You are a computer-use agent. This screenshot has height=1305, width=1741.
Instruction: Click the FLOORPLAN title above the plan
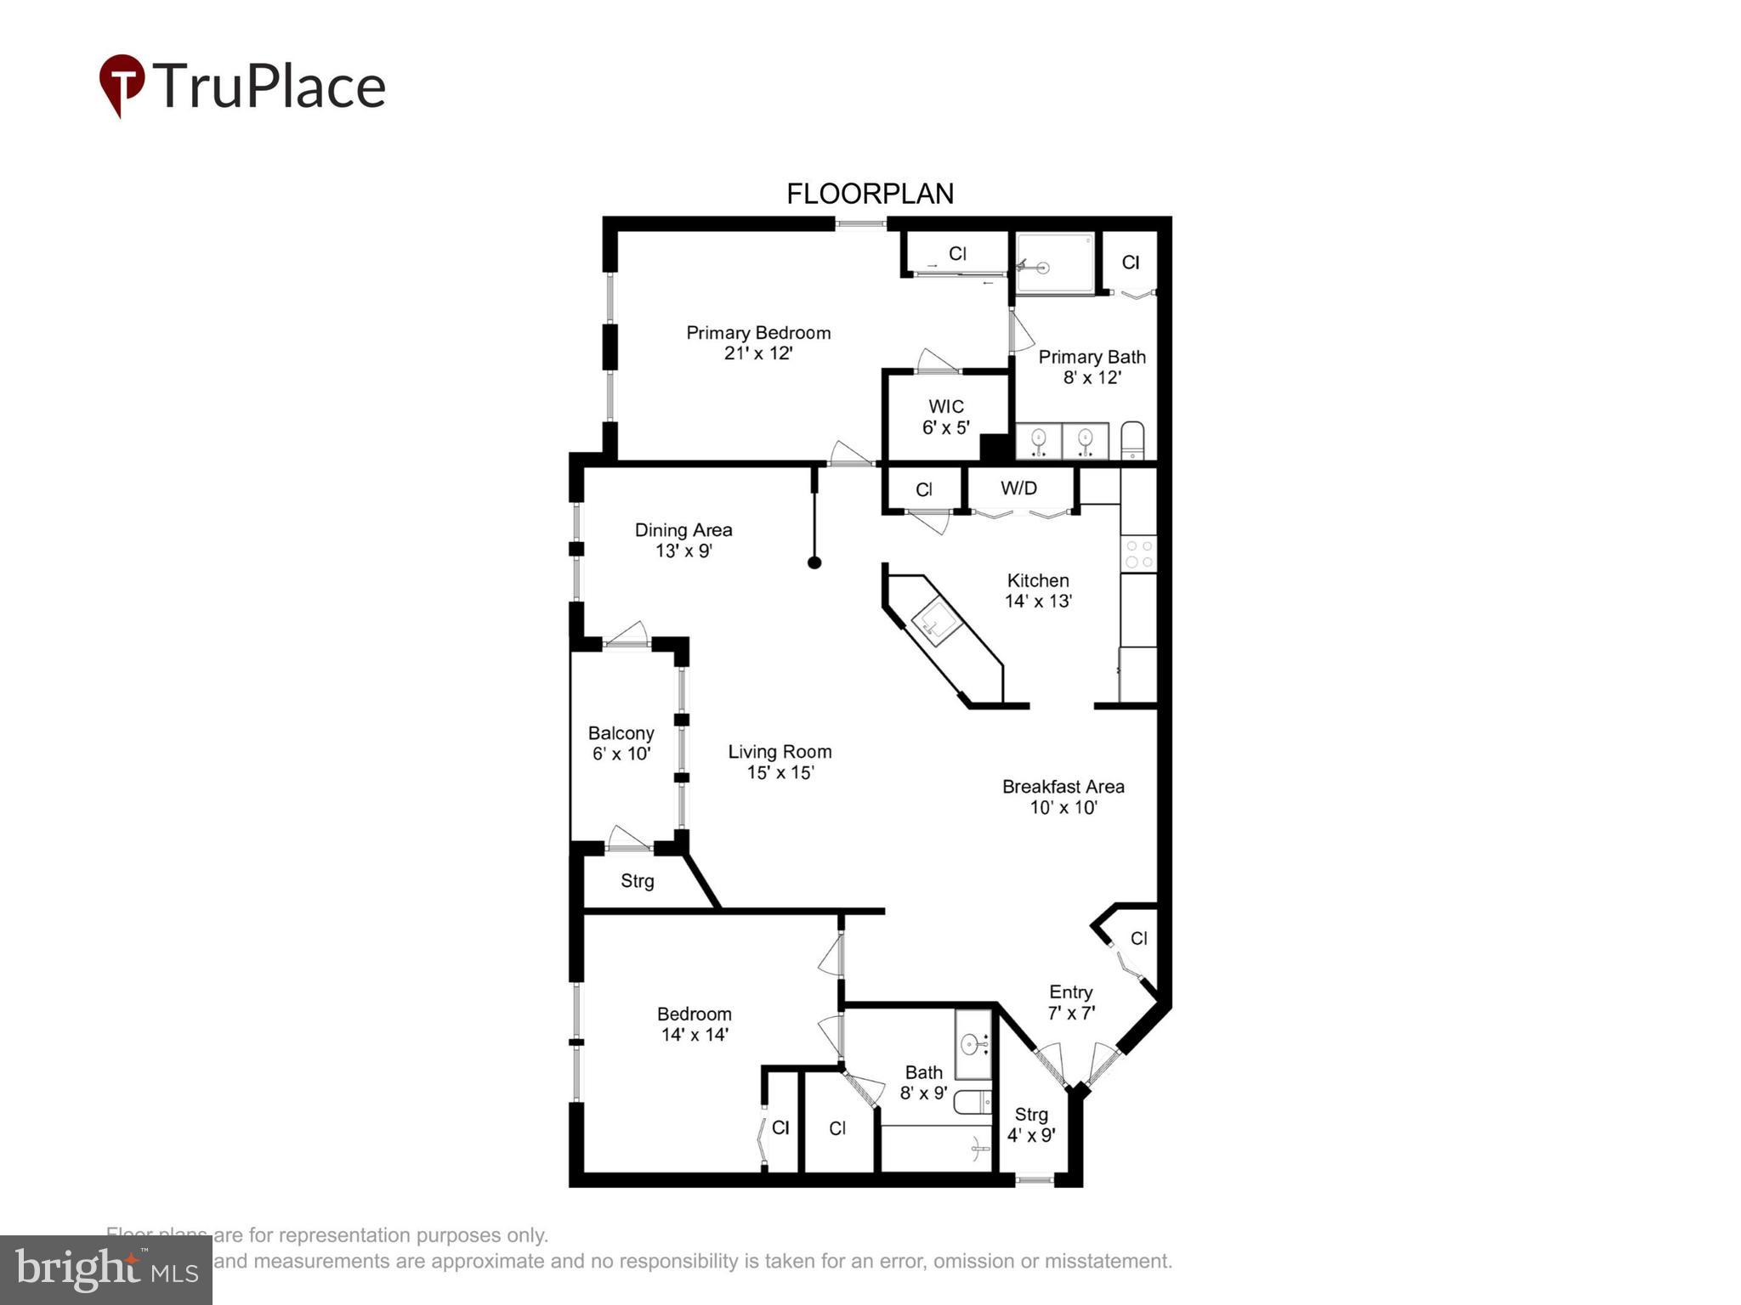point(870,195)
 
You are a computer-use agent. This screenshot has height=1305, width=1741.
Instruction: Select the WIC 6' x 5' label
point(945,416)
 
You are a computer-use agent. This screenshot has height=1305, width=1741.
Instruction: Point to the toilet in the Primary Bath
point(1132,441)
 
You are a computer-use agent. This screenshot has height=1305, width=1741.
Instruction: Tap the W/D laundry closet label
point(1018,489)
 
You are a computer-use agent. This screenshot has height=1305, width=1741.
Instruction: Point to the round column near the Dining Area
point(814,562)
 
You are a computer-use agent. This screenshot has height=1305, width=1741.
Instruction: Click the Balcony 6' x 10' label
point(621,743)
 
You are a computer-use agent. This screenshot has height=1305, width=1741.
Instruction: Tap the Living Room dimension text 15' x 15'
point(780,773)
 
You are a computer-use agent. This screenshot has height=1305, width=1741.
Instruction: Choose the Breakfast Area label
point(1063,787)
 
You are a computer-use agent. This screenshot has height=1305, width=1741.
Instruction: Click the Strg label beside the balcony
point(637,881)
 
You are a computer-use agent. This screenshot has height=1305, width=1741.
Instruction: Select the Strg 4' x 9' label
point(1031,1124)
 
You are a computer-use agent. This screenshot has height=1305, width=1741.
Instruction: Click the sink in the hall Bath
point(973,1043)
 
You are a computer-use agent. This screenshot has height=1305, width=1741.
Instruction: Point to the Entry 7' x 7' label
point(1070,1003)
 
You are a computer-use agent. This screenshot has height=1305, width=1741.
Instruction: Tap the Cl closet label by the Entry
point(1138,939)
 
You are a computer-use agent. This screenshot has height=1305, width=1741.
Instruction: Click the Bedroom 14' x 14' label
point(695,1024)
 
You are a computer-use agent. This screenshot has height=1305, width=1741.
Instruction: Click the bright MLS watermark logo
point(106,1269)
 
